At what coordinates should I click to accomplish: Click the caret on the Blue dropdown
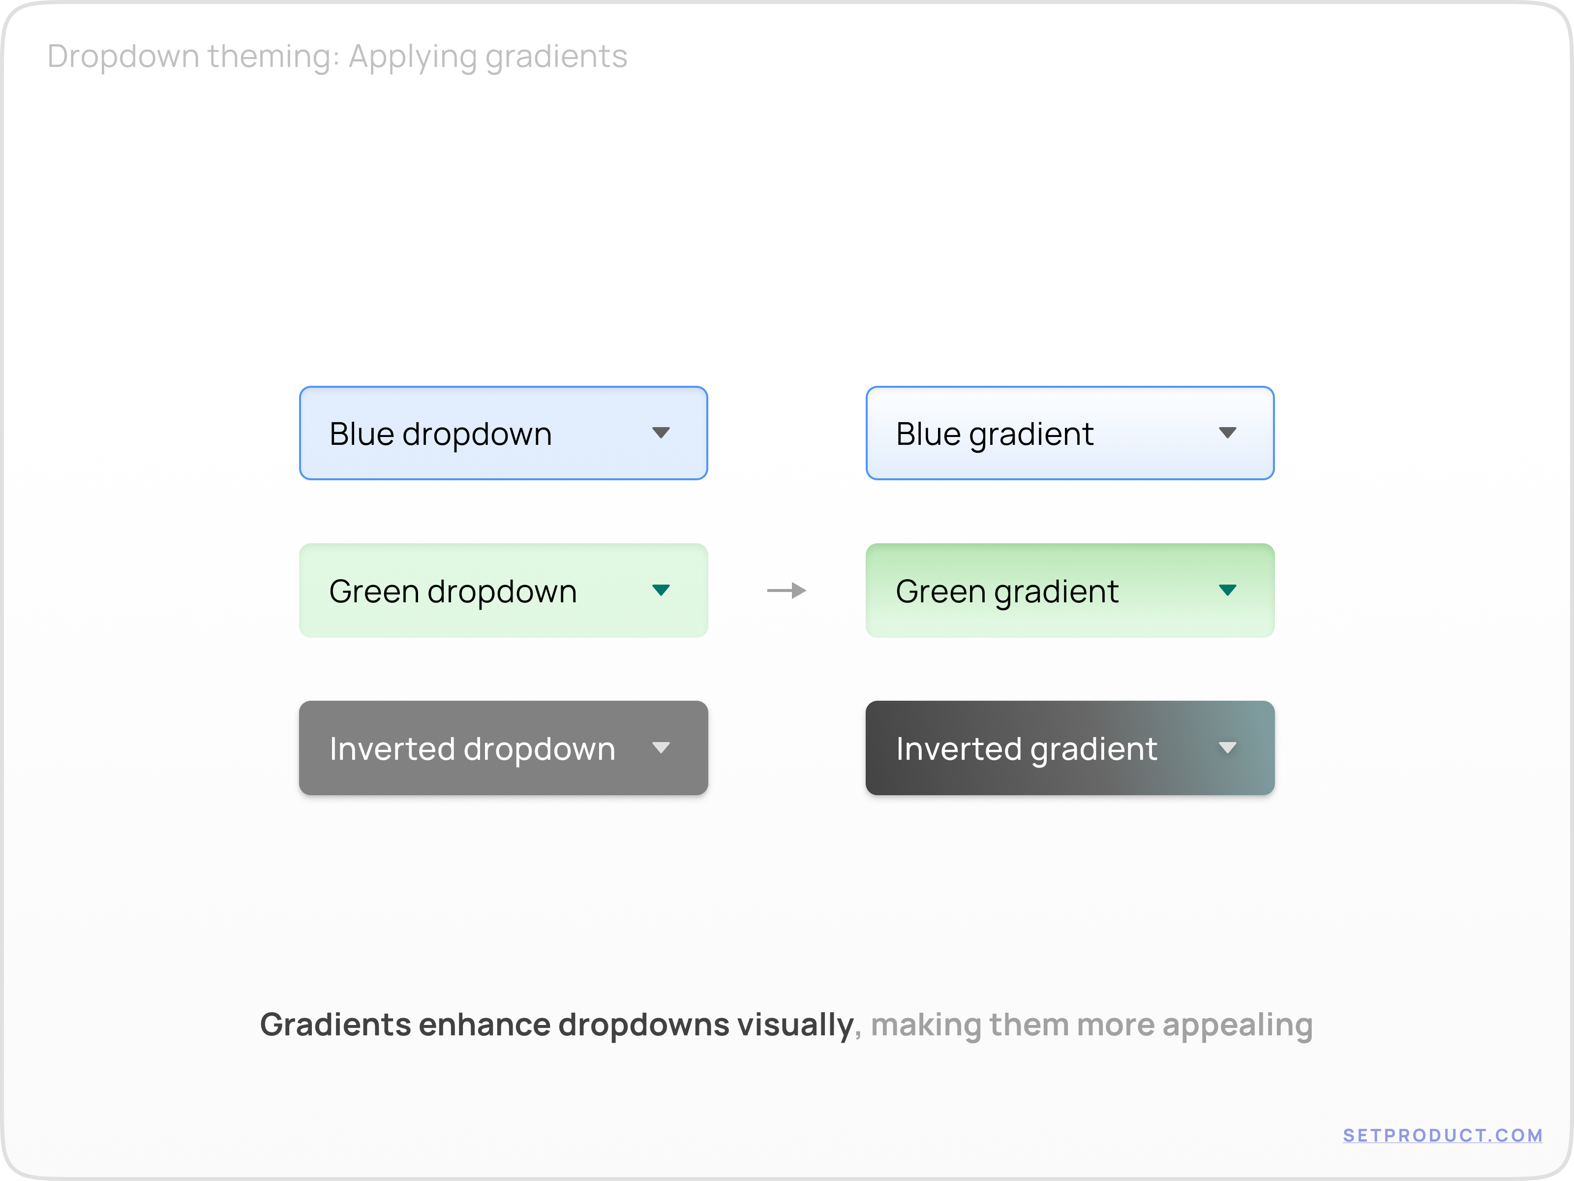pos(661,433)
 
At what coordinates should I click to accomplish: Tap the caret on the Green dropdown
pos(661,590)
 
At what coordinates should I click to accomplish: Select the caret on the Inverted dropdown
pos(661,747)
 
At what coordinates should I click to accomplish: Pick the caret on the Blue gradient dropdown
pos(1227,433)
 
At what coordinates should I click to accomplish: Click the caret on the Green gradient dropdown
pos(1227,590)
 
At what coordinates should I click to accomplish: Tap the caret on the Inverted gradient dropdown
pos(1227,747)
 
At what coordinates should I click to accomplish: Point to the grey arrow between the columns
pos(787,590)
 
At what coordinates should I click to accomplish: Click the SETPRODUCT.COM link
pos(1442,1135)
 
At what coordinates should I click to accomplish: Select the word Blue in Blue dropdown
pos(362,434)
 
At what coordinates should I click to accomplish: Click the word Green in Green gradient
pos(940,591)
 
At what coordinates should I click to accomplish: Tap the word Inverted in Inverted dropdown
pos(392,749)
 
